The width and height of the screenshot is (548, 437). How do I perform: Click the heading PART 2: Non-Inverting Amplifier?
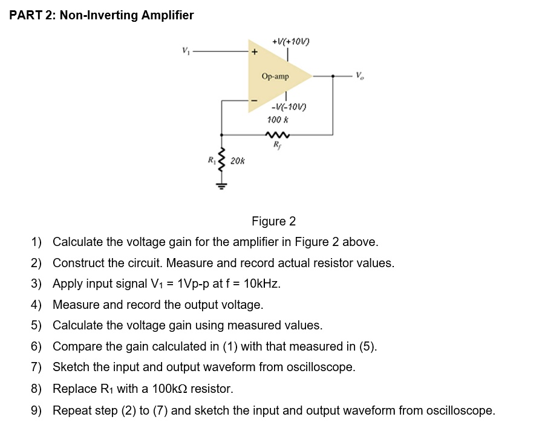102,16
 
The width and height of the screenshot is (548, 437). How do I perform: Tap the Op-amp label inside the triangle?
275,77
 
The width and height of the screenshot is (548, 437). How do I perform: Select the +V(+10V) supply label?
291,42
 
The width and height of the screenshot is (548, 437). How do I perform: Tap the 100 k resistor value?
278,120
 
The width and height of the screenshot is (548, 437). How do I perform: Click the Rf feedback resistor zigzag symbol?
277,135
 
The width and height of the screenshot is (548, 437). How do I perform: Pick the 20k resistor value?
238,161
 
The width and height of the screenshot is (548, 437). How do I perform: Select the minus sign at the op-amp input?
254,100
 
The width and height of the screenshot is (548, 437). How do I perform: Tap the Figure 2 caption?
273,222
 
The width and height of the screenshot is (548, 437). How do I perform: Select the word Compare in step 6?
76,347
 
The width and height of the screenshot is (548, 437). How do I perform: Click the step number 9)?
37,411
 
